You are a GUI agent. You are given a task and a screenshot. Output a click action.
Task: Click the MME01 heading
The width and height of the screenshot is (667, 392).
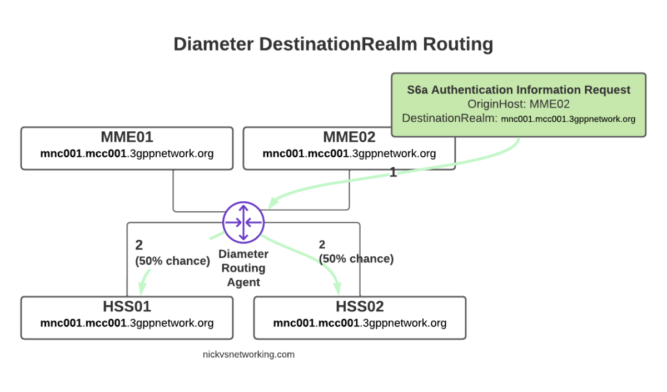click(127, 137)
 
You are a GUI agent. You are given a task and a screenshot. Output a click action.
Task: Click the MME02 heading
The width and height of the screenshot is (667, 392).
click(349, 137)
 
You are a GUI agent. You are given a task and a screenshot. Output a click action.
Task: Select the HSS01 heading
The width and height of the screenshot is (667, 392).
click(127, 306)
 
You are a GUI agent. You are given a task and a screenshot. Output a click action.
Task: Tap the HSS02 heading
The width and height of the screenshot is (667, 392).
click(360, 306)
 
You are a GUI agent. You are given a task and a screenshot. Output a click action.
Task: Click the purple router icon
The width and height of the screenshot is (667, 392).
click(243, 221)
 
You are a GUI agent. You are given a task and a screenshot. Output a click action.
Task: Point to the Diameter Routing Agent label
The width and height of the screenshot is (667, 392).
click(243, 268)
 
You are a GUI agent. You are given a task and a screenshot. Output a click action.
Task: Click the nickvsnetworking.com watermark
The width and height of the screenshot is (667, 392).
click(248, 354)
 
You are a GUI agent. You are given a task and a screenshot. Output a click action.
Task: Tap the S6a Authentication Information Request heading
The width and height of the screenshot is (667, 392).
click(519, 90)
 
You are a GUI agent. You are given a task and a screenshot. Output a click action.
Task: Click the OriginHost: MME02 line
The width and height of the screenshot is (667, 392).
click(519, 105)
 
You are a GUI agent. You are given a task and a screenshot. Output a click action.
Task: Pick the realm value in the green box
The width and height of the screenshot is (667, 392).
click(568, 119)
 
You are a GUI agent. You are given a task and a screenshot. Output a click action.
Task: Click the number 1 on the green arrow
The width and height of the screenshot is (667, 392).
click(393, 173)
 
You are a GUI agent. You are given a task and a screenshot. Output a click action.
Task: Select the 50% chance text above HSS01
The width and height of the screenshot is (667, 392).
click(172, 261)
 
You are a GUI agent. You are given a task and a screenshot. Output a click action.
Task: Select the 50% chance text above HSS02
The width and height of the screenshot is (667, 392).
click(356, 259)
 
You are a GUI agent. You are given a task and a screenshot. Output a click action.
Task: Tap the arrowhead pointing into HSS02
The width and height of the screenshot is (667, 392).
click(337, 287)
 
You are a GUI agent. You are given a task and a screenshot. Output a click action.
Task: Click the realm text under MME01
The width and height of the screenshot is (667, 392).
click(127, 153)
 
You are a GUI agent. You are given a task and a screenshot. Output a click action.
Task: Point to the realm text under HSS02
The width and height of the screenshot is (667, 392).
click(360, 323)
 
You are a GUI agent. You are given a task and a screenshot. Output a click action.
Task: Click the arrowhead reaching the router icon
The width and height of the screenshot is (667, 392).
click(272, 204)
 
